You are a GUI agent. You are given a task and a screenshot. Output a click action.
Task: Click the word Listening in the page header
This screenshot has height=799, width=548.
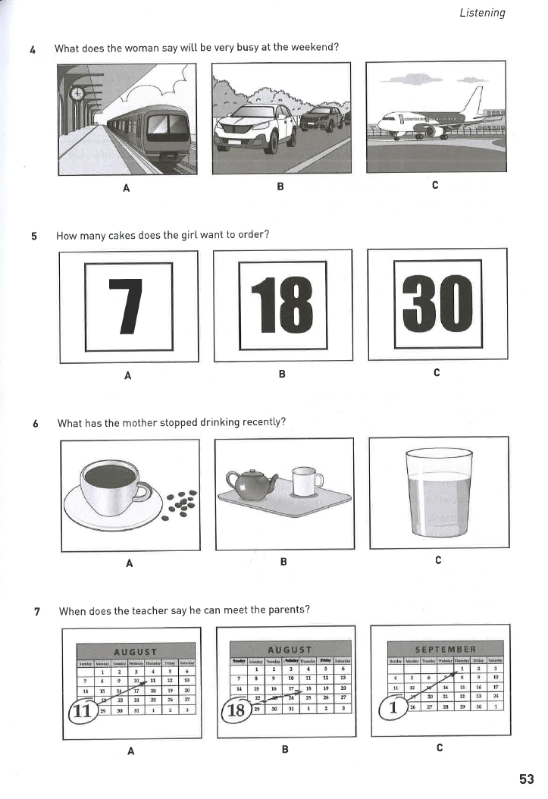[482, 13]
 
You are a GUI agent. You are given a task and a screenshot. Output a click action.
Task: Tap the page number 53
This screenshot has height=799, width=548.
[527, 779]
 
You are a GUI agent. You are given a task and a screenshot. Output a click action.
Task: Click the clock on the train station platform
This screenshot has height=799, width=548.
[77, 94]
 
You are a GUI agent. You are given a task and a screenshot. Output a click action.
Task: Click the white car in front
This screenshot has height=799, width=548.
[254, 124]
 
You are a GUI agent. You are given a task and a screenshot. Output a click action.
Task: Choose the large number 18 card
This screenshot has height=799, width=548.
[282, 305]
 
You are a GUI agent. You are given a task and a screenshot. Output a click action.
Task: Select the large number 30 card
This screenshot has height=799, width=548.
[437, 305]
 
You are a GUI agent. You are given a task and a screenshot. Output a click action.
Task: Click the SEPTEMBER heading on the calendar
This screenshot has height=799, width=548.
[445, 649]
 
